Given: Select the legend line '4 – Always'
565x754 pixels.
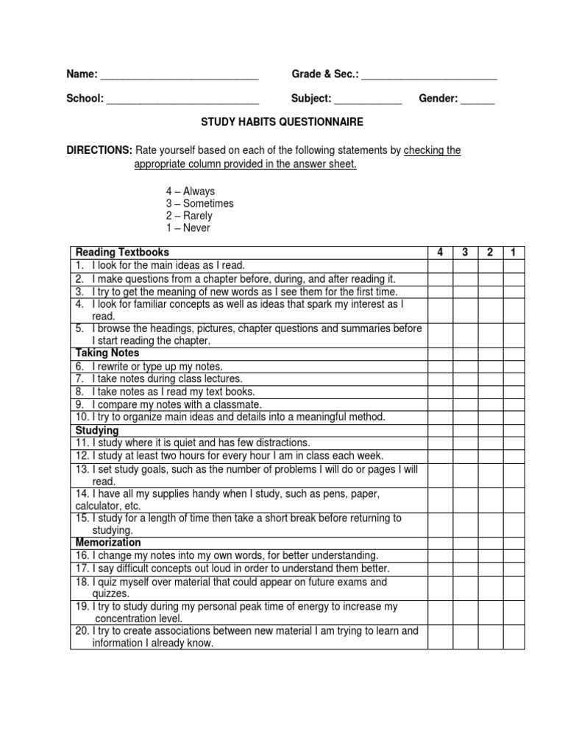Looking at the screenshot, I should pos(191,191).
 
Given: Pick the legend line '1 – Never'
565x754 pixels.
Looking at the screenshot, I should pos(188,228).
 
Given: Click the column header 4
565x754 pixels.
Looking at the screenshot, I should pos(440,253).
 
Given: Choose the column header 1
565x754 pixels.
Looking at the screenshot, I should pos(513,253).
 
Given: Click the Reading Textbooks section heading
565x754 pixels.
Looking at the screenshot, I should pos(122,253).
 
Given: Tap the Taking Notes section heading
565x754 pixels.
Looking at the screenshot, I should pos(107,353).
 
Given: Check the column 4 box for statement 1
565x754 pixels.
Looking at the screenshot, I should pos(440,265).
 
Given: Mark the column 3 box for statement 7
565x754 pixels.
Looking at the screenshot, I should pos(465,379).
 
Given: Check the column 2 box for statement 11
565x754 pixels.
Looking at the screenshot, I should pos(489,443).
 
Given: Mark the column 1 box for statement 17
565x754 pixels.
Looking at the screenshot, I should pos(513,568).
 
